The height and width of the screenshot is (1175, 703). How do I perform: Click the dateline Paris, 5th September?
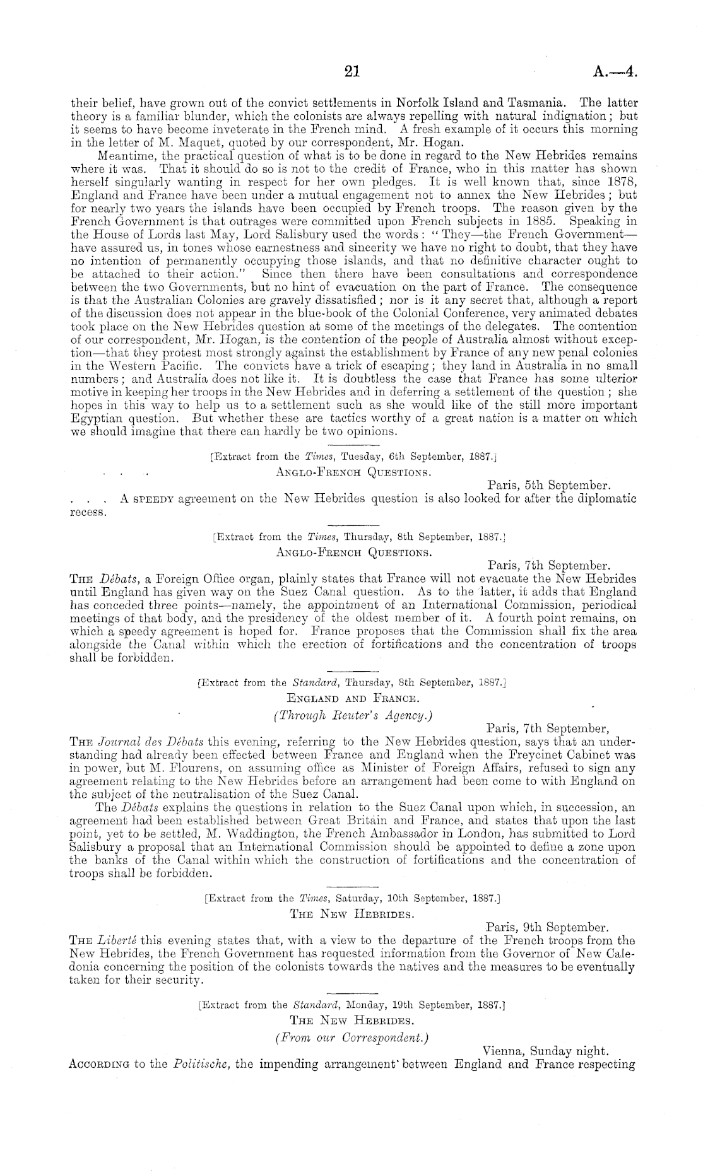pos(548,486)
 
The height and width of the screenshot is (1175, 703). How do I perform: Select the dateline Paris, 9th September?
pos(548,928)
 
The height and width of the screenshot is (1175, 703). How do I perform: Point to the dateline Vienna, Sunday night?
pos(545,1051)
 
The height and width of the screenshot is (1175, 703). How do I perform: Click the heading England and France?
pos(351,698)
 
